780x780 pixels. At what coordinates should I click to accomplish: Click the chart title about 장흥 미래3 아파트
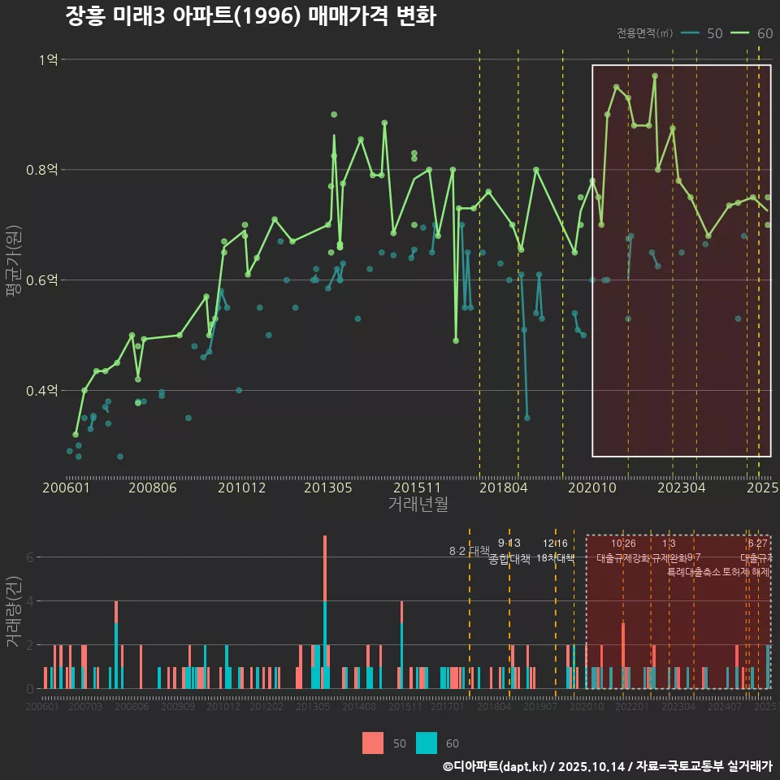[251, 17]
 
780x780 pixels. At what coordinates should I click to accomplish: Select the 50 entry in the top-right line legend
[703, 33]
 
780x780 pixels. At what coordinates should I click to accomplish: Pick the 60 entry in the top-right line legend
[752, 33]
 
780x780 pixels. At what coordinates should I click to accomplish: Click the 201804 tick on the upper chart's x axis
[503, 487]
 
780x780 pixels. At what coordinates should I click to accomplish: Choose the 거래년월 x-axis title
[418, 505]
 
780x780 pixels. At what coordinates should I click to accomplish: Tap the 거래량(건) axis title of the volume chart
[14, 612]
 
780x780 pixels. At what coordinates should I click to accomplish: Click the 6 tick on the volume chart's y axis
[31, 557]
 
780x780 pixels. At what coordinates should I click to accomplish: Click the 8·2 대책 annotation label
[469, 551]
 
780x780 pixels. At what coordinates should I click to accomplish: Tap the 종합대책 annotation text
[509, 559]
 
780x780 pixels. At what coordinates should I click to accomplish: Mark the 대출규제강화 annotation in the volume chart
[623, 558]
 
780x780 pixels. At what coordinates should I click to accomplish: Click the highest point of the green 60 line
[655, 76]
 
